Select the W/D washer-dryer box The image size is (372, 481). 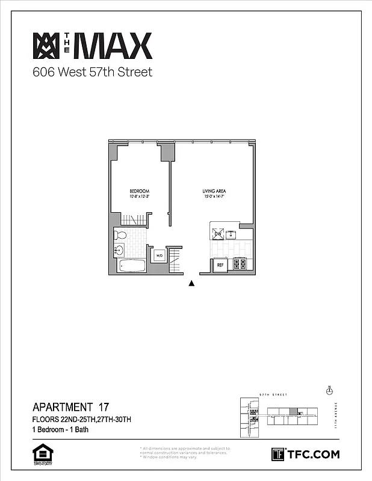pyautogui.click(x=160, y=256)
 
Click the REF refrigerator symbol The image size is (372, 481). pyautogui.click(x=220, y=265)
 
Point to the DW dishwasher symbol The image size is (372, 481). pyautogui.click(x=217, y=233)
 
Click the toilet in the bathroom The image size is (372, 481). pyautogui.click(x=120, y=235)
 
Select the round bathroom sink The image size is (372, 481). pyautogui.click(x=119, y=250)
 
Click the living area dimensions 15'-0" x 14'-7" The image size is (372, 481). pyautogui.click(x=214, y=197)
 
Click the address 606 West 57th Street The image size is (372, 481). pyautogui.click(x=92, y=73)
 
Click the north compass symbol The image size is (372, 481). pyautogui.click(x=329, y=390)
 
